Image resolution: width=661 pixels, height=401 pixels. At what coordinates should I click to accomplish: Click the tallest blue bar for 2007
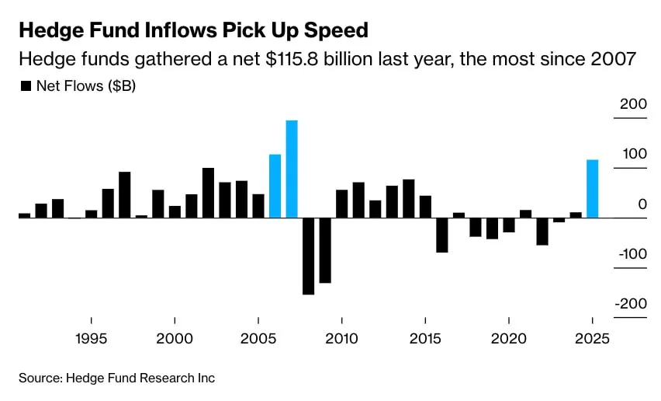[292, 169]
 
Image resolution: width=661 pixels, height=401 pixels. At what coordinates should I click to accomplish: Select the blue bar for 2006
[275, 186]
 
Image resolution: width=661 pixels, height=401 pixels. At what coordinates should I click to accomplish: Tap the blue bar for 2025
[592, 189]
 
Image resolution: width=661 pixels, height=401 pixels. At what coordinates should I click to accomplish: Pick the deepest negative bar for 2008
[308, 256]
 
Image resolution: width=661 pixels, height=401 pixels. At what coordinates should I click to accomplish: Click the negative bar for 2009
[325, 250]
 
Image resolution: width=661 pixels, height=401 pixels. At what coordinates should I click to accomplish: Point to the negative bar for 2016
[442, 235]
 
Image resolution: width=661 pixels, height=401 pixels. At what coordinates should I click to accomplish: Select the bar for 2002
[208, 193]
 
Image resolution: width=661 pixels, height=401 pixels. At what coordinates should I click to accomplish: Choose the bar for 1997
[124, 194]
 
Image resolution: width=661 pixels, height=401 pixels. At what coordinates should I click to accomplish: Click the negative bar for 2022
[542, 232]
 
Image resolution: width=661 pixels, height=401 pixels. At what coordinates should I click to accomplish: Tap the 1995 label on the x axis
[92, 340]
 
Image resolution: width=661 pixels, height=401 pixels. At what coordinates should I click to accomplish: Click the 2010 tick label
[341, 340]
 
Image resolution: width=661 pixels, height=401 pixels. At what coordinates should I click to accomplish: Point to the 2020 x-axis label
[508, 340]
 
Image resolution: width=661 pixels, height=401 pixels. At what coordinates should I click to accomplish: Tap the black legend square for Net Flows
[26, 86]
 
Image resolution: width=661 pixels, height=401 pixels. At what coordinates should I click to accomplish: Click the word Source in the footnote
[40, 378]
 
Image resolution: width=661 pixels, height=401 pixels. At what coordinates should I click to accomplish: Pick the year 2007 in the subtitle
[615, 60]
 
